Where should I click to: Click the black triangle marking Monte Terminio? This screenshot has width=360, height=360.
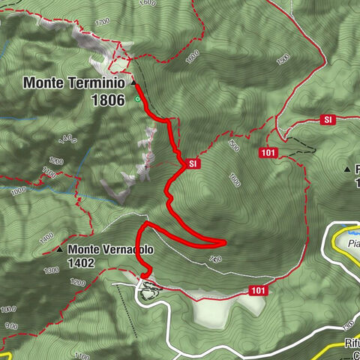pos(133,83)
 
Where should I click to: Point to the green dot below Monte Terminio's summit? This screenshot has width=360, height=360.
pos(137,98)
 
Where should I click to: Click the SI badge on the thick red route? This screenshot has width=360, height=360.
pos(192,163)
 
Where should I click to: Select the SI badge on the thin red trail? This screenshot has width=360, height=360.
pos(328,119)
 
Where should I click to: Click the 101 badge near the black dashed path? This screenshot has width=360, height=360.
pos(271,153)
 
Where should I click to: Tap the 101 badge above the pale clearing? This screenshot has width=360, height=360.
pos(259,290)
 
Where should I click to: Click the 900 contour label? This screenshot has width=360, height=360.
pos(10,326)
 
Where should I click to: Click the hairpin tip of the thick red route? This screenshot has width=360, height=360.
pos(223,241)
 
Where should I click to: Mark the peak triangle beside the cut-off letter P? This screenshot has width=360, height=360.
pos(347,169)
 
